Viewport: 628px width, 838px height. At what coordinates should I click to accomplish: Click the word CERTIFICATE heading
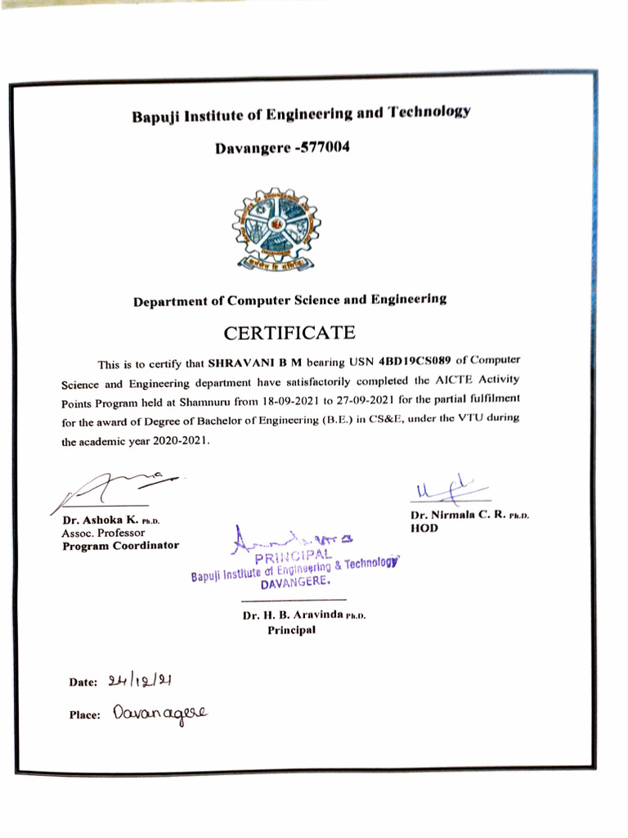point(289,333)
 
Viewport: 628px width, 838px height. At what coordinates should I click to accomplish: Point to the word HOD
point(424,529)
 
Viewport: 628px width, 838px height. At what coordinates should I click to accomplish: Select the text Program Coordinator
point(120,546)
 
